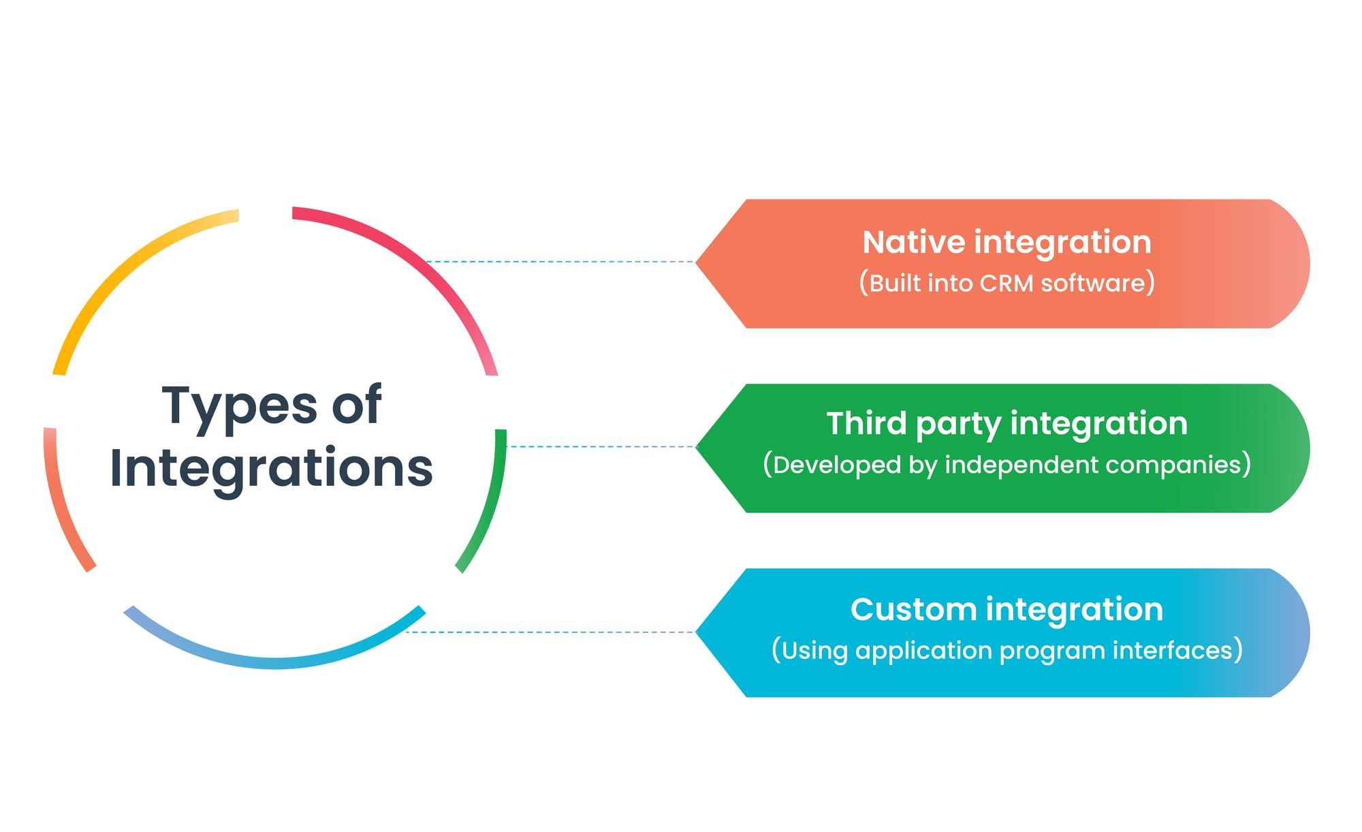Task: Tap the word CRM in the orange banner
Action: tap(1006, 283)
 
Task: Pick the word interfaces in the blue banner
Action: tap(1172, 650)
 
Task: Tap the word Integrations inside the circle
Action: tap(271, 469)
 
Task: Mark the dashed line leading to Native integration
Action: tap(558, 262)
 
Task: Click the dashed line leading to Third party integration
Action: tap(599, 447)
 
